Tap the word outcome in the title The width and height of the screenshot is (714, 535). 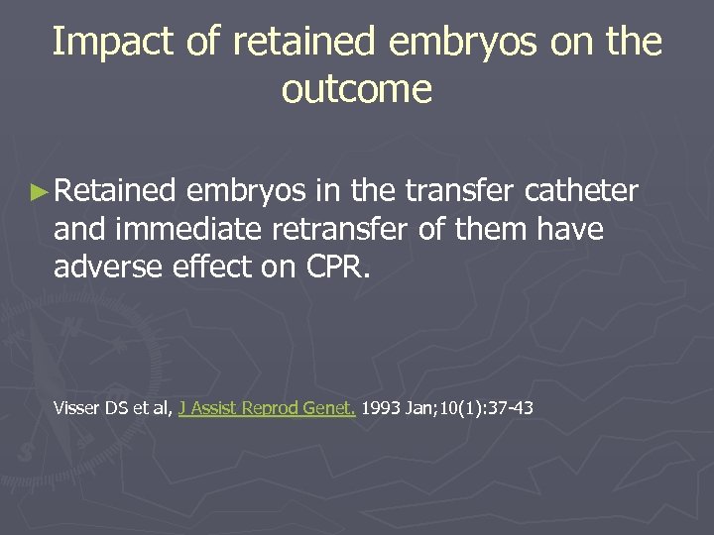(357, 89)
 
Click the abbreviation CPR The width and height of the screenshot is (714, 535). (338, 267)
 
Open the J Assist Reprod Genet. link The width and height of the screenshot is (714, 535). (267, 407)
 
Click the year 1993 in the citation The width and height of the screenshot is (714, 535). (381, 407)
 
